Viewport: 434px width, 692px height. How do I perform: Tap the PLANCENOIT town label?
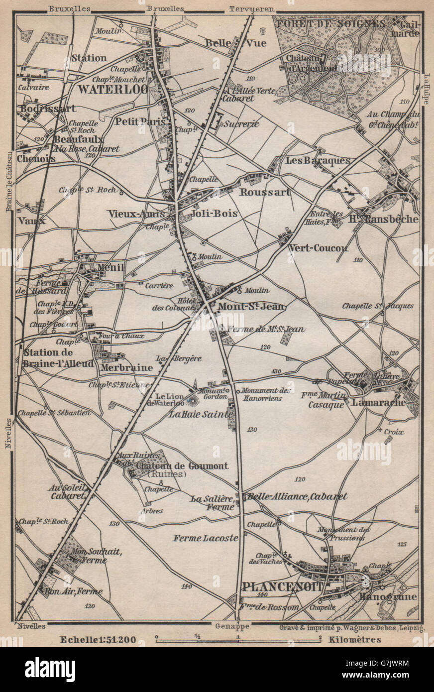click(x=282, y=587)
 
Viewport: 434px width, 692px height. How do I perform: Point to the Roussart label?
click(x=265, y=192)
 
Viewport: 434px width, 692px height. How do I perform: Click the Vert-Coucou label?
click(x=318, y=247)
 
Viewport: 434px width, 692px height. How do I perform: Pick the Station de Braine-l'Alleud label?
click(x=57, y=358)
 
